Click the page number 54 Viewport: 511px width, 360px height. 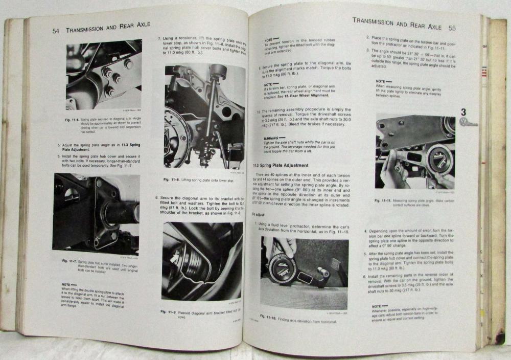[58, 31]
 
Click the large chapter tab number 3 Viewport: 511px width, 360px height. [463, 112]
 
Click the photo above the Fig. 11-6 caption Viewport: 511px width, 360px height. [97, 75]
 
